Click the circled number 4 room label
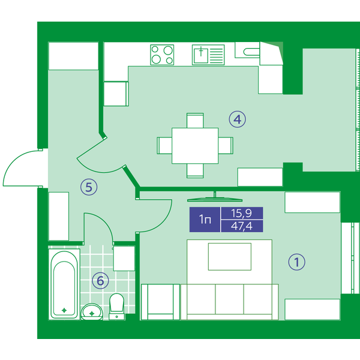point(237,119)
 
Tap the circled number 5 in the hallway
point(89,187)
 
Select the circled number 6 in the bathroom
point(100,281)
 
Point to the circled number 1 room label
point(296,262)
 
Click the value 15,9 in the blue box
point(241,213)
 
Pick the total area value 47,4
point(242,226)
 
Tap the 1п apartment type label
point(205,220)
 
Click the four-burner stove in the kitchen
point(162,55)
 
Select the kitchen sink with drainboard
point(208,55)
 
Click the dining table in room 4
point(195,146)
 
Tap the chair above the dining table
point(195,121)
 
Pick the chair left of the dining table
point(164,146)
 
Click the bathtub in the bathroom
point(64,284)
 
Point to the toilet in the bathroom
point(116,307)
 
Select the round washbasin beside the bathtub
point(92,311)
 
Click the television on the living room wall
point(215,199)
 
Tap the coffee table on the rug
point(230,257)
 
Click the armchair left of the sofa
point(160,302)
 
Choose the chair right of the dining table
point(226,146)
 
